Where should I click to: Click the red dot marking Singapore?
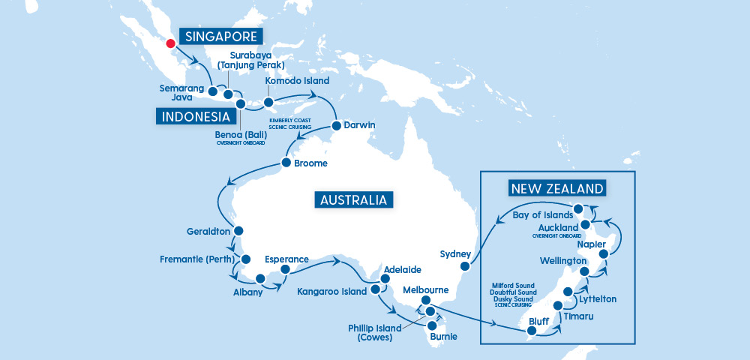[x=170, y=43]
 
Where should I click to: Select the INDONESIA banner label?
[x=193, y=116]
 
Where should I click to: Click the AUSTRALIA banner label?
[x=353, y=199]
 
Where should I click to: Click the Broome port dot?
[x=286, y=163]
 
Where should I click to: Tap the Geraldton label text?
[x=208, y=231]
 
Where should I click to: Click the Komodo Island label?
[x=298, y=80]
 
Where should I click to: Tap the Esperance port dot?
[x=285, y=270]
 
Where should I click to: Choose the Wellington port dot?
[x=584, y=271]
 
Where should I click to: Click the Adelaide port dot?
[x=385, y=279]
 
